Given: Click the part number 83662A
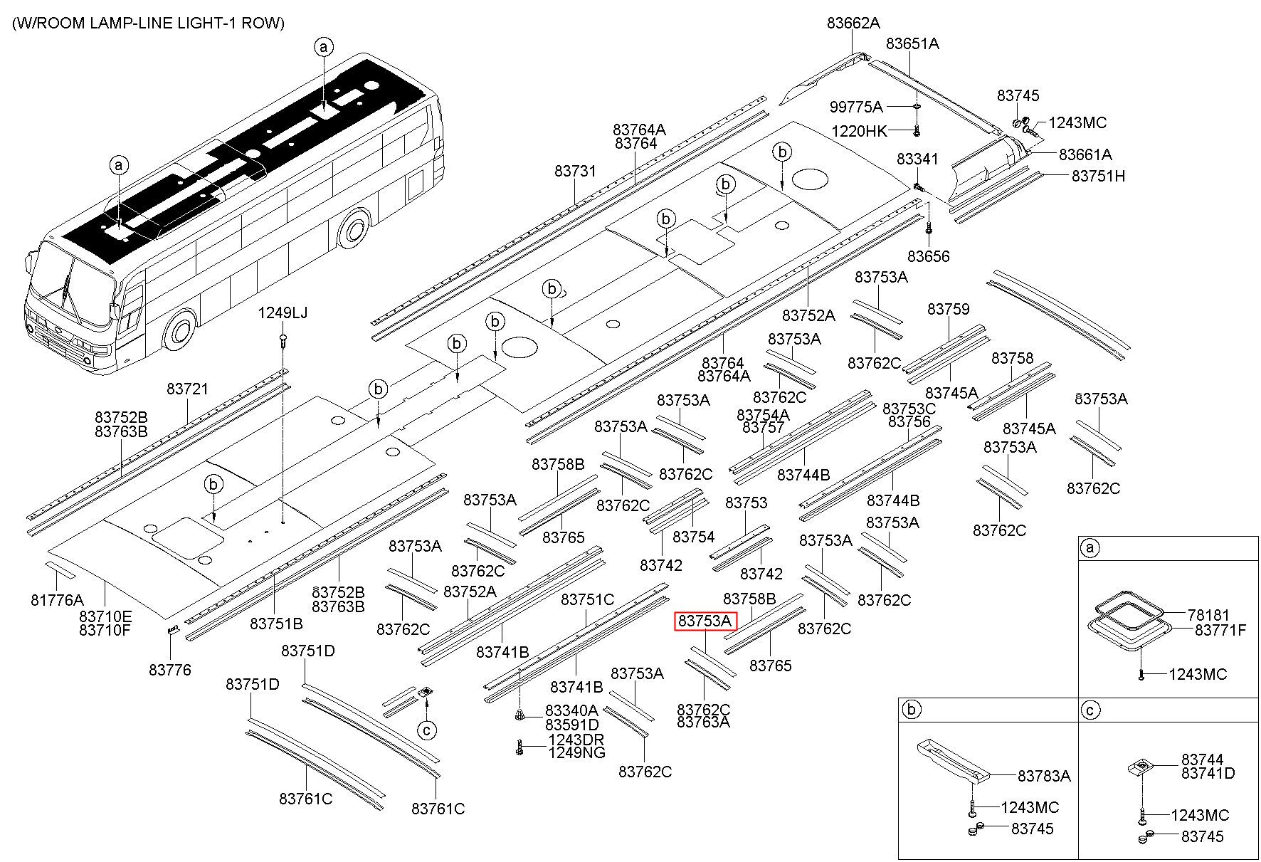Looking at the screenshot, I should [x=853, y=23].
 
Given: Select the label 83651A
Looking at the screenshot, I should [x=912, y=43].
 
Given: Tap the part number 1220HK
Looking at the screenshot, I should [x=860, y=131].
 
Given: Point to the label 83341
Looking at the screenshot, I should [x=917, y=159].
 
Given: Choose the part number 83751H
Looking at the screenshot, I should [x=1098, y=176].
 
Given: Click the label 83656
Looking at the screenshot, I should [x=928, y=256].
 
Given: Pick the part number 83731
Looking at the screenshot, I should [x=575, y=171].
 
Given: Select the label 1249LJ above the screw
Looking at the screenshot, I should [x=283, y=312].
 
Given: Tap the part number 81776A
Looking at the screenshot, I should [x=57, y=600].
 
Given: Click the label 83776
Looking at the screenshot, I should [x=170, y=670].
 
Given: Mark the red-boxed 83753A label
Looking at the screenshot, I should [x=705, y=621].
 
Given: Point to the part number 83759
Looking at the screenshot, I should [x=948, y=309].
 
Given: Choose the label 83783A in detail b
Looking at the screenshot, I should [x=1044, y=776].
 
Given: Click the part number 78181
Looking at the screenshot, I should [x=1208, y=615].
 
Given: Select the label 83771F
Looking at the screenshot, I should [x=1220, y=630].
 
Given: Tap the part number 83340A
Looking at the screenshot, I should [x=571, y=710].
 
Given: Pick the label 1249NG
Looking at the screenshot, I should [x=576, y=752].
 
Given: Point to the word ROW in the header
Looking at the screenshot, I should [x=263, y=23].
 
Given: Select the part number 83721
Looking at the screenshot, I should [x=188, y=389].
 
